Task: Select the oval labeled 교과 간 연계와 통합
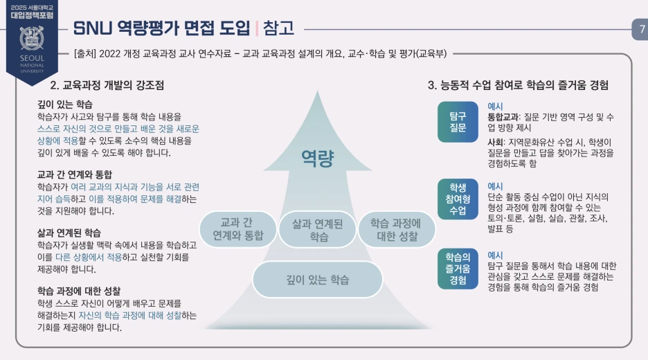(237, 228)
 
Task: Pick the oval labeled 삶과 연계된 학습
(318, 229)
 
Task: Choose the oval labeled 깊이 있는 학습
(318, 280)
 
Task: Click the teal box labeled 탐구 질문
(458, 122)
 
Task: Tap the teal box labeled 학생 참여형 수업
(458, 199)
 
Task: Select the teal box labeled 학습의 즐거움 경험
(458, 269)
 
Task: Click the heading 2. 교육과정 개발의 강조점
(107, 86)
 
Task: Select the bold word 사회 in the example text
(496, 142)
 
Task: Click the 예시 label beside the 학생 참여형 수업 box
(495, 186)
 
